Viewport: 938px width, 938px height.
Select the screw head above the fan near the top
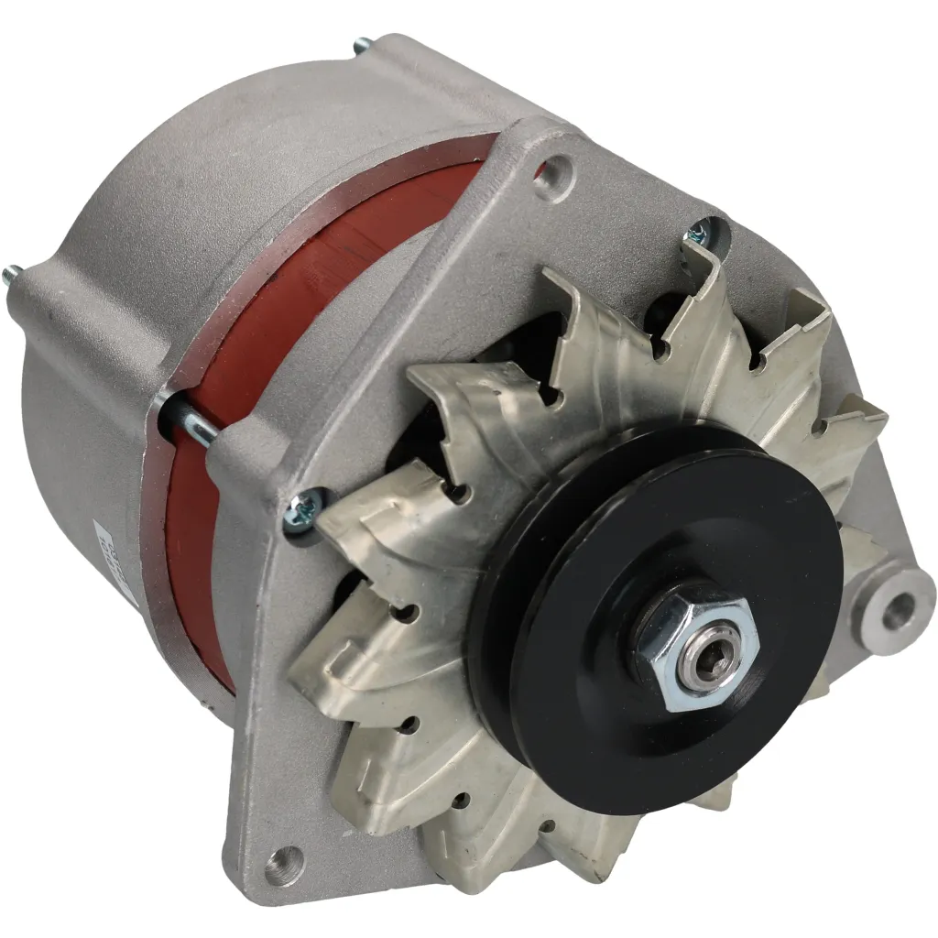coord(701,229)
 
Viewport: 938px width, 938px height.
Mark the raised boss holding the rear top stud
coord(385,69)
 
